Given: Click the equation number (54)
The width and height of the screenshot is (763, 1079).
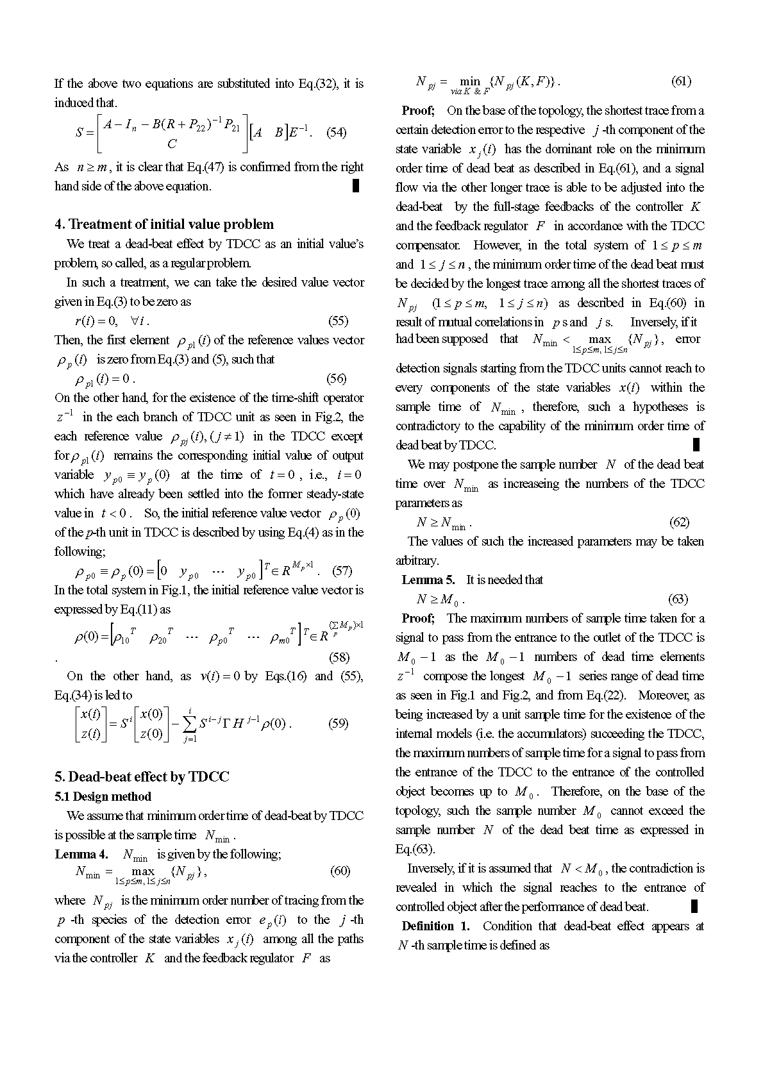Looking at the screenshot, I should (337, 133).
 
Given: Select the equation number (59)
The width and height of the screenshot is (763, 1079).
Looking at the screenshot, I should (339, 724).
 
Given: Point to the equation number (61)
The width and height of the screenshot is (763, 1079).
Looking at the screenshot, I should (681, 81).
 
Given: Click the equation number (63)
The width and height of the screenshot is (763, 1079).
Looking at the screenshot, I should (678, 599).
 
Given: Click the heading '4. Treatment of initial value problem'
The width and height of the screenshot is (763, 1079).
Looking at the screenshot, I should (164, 224).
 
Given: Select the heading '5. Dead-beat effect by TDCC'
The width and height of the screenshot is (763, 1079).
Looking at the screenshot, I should (142, 776).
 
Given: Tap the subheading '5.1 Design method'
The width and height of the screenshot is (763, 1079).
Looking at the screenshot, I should (103, 797).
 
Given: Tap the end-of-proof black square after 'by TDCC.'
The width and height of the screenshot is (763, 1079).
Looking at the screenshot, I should (696, 445).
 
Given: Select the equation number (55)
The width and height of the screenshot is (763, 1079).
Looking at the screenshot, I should (339, 321).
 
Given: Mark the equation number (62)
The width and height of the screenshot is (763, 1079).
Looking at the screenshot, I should (679, 523).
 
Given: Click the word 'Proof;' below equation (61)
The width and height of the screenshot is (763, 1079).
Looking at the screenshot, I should (419, 111).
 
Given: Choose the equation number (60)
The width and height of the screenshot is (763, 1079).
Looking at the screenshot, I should (340, 871).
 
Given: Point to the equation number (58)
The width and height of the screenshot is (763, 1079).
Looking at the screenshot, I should (339, 657).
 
